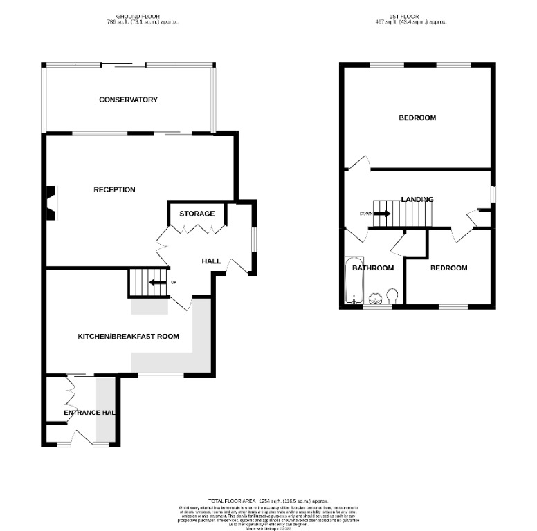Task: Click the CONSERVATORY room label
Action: (x=128, y=100)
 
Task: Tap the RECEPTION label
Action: (x=114, y=189)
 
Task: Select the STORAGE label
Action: (x=197, y=214)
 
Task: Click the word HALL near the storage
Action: (x=211, y=261)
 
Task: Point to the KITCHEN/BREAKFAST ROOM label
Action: (x=128, y=337)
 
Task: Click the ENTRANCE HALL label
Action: (x=89, y=413)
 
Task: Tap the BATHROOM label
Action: (x=373, y=268)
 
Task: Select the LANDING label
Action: (x=417, y=200)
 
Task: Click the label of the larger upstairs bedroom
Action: (x=417, y=118)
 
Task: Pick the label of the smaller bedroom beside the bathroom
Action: (x=448, y=268)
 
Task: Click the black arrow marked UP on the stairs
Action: (x=158, y=282)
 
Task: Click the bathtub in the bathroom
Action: (x=354, y=282)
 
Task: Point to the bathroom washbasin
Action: (x=376, y=299)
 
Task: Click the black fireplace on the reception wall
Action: (x=51, y=203)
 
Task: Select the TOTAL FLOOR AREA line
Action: (x=268, y=501)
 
